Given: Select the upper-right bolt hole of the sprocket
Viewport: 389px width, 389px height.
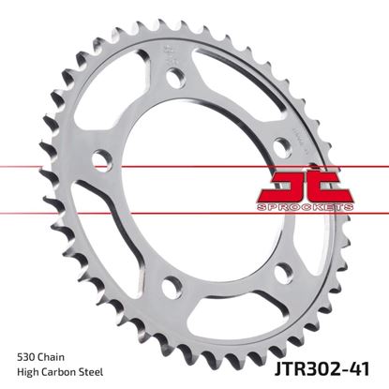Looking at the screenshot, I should [x=279, y=143].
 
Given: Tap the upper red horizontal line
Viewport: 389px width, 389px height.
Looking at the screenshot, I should [x=187, y=167].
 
